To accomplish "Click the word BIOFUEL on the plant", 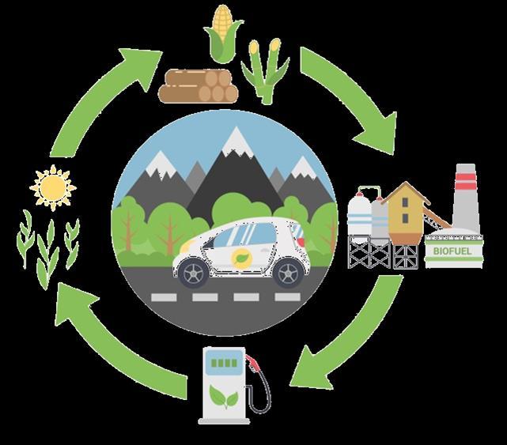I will (x=451, y=251).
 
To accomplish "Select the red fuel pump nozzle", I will (x=253, y=364).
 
